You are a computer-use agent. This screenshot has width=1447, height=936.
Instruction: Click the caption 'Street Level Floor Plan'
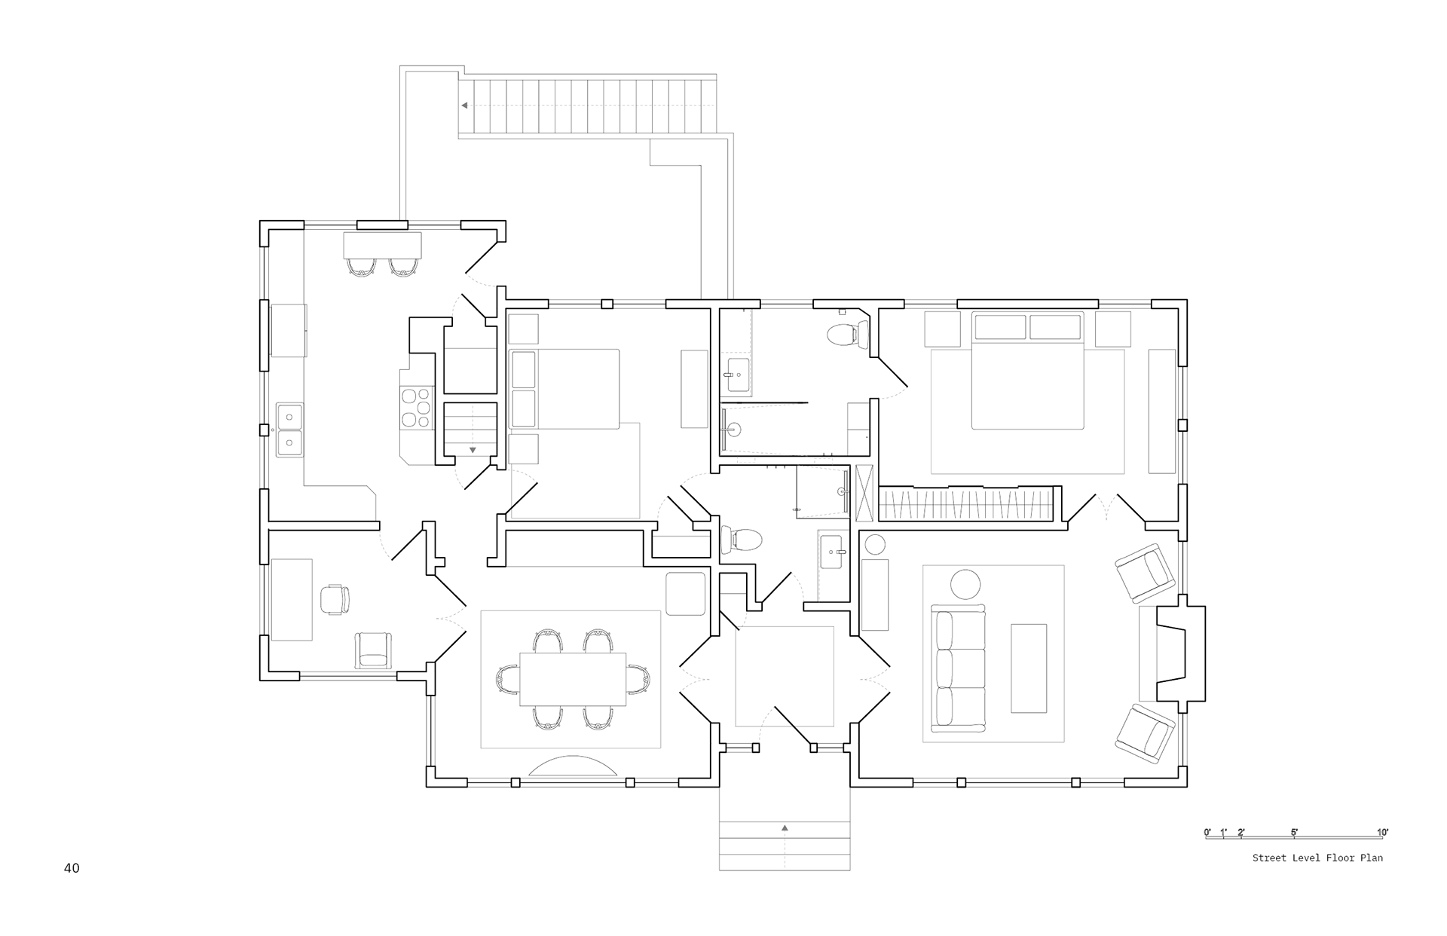1317,858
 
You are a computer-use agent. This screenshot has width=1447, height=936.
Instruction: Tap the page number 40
72,868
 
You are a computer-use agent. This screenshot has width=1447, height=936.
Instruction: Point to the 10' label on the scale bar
1382,833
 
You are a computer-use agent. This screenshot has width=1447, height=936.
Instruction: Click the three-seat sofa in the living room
958,668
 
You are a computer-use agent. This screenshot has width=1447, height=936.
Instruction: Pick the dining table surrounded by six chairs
573,679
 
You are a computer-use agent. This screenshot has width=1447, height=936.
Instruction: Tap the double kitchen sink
289,430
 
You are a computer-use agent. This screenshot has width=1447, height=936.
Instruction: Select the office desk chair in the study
335,599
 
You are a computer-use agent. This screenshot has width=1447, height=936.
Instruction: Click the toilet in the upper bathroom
847,334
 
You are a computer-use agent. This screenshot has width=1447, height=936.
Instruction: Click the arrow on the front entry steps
785,828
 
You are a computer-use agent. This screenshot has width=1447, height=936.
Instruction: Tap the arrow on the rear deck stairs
466,106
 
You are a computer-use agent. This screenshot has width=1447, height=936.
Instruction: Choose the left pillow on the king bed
1001,327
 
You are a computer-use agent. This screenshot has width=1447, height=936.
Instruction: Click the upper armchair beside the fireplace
1145,573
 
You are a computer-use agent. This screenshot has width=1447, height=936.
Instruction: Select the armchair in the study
374,650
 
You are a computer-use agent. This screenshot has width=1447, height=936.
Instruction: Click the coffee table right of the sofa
1029,668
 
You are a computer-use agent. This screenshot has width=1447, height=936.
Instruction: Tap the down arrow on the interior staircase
473,450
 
